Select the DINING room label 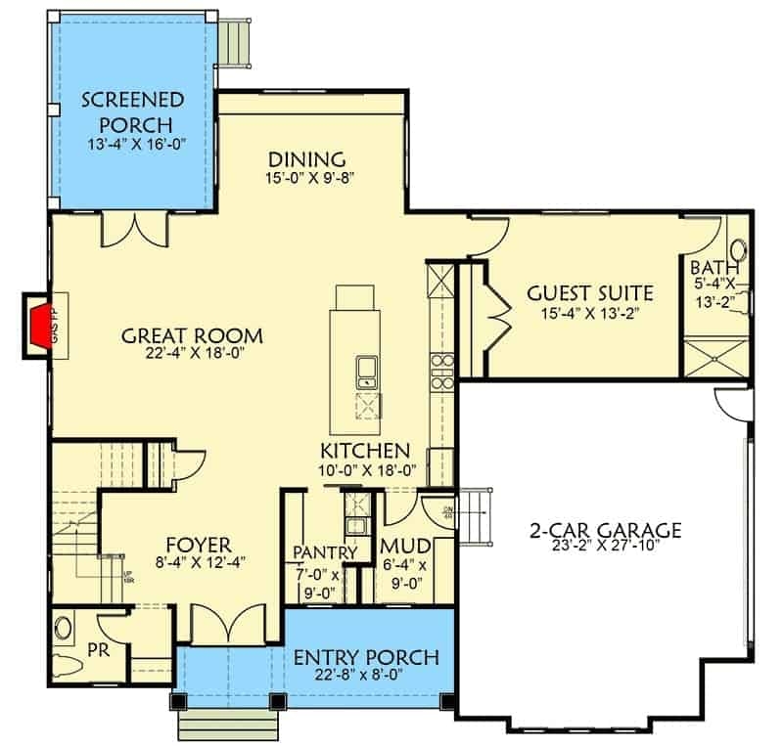(x=308, y=159)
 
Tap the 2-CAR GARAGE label (x=605, y=531)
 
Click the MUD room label (x=400, y=546)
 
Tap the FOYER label (x=198, y=544)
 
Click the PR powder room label (x=97, y=649)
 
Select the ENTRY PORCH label (x=366, y=656)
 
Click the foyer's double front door (x=214, y=623)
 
